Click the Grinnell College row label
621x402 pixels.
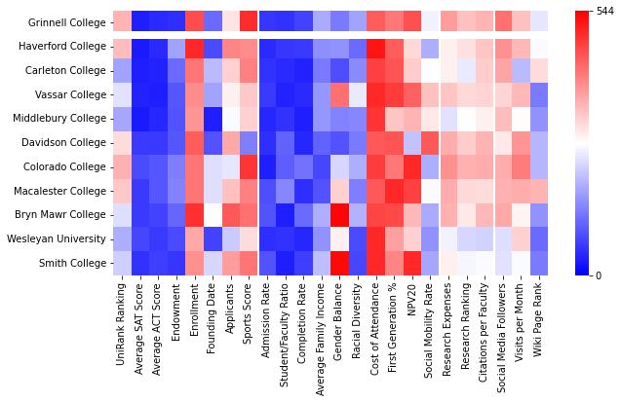click(68, 22)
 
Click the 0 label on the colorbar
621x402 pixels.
click(598, 275)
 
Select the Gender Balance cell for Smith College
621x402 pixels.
click(339, 263)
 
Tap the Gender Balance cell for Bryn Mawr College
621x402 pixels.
click(339, 214)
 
